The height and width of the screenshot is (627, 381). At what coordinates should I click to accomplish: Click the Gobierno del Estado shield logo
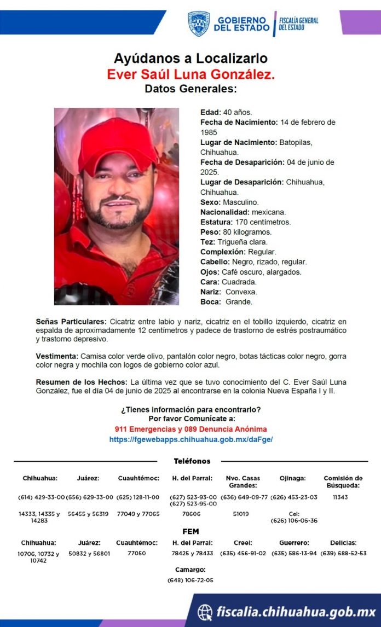pos(199,24)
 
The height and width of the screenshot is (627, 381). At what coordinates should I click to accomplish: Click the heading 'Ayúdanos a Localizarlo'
pos(190,59)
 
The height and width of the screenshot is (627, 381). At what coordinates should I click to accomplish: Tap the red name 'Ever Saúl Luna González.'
pos(190,74)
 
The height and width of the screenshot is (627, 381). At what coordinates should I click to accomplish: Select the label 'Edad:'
pos(211,112)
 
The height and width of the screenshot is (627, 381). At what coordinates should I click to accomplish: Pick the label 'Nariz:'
pos(211,292)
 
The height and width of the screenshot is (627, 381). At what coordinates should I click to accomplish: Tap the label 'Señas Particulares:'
pos(71,322)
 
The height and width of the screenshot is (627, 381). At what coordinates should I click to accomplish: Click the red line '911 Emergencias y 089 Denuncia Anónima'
pos(190,429)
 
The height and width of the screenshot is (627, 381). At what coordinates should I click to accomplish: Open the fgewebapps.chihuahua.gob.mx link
pos(190,439)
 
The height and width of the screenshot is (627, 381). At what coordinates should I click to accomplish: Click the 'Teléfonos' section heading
pos(192,461)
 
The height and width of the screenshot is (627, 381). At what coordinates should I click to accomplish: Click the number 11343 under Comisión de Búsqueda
pos(340,497)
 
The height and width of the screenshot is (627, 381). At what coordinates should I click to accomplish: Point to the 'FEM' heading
pos(190,531)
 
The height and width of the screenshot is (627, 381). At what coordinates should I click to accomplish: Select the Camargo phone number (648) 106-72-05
pos(190,580)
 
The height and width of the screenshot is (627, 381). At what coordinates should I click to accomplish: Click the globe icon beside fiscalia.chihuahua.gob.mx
pos(205,612)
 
